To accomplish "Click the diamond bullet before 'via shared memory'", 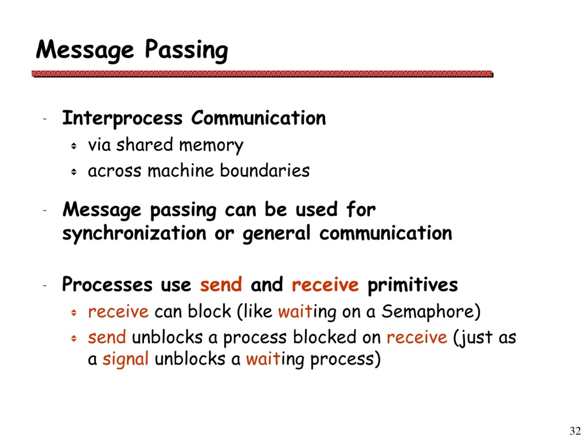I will coord(74,146).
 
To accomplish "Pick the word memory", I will coord(211,145).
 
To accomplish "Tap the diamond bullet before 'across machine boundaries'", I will coord(74,172).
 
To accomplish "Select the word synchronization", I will coord(134,233).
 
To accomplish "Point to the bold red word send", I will coord(221,285).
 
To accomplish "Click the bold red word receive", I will coord(325,285).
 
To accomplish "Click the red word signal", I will coord(125,359).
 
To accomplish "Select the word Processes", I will coord(107,285).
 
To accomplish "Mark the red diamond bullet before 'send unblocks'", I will coord(74,338).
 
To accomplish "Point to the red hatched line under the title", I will coord(262,74).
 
